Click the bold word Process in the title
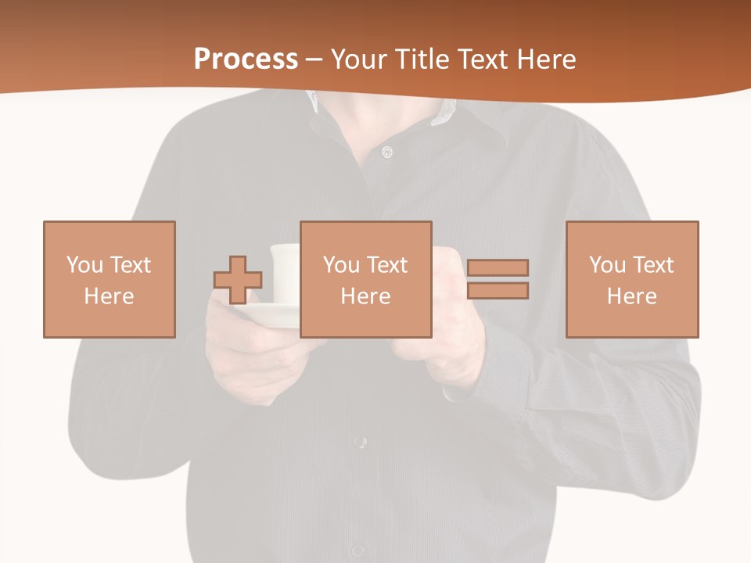246,59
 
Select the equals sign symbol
498,279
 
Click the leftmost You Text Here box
109,279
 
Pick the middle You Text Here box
365,279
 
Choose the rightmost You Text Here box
631,279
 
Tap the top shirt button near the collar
386,152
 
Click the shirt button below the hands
359,443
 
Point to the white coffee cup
285,271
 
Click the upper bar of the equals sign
498,267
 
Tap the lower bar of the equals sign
498,291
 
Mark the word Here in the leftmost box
109,296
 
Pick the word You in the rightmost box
607,265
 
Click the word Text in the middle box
387,265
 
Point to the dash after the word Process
314,59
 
